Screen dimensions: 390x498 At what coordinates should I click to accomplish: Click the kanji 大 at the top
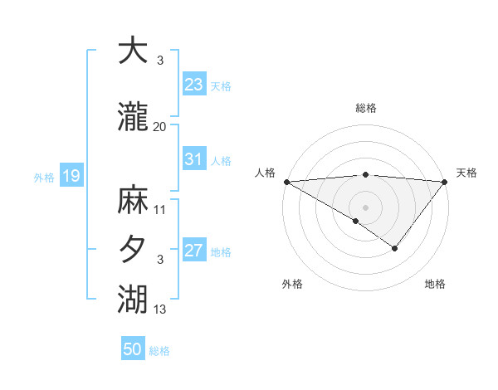pos(133,52)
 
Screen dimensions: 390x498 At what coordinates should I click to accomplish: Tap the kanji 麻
pos(133,200)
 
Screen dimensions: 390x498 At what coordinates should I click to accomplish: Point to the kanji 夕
pos(133,248)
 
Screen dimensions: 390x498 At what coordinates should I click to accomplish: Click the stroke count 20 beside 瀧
pos(159,126)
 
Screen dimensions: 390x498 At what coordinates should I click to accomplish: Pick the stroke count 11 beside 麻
pos(159,209)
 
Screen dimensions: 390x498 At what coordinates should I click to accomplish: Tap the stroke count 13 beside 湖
pos(159,309)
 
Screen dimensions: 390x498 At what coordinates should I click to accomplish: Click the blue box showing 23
pos(193,85)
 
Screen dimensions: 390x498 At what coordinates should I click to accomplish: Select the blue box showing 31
pos(193,159)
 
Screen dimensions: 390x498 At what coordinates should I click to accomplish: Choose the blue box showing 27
pos(193,251)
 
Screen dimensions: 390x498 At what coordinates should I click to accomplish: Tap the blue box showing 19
pos(71,176)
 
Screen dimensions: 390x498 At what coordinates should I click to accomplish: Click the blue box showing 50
pos(133,349)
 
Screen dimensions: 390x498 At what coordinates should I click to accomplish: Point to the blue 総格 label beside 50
pos(159,351)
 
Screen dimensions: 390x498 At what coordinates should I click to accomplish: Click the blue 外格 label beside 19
pos(44,177)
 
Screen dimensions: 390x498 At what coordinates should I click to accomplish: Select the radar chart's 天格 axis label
pos(466,173)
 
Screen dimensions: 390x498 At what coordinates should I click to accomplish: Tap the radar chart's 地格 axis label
pos(435,285)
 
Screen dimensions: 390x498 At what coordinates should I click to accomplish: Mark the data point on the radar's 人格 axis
pos(286,182)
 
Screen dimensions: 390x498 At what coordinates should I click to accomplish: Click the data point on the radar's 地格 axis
pos(395,248)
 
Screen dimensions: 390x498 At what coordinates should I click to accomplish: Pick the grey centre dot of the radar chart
pos(365,207)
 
